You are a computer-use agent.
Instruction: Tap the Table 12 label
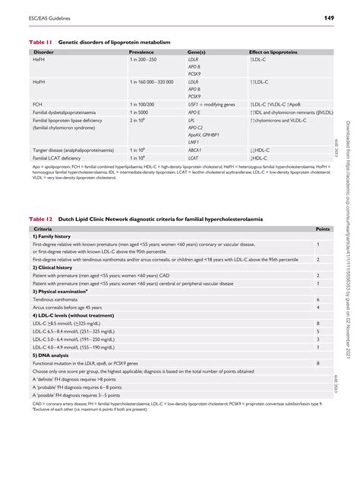tap(40, 219)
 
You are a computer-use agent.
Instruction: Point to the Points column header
tap(323, 228)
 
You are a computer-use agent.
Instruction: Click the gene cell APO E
tap(194, 112)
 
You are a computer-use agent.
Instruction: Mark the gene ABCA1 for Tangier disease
tap(195, 150)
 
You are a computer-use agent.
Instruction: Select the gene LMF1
tap(193, 142)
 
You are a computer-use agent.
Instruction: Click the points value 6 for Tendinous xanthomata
tap(317, 300)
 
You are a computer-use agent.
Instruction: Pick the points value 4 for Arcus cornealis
tap(317, 308)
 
